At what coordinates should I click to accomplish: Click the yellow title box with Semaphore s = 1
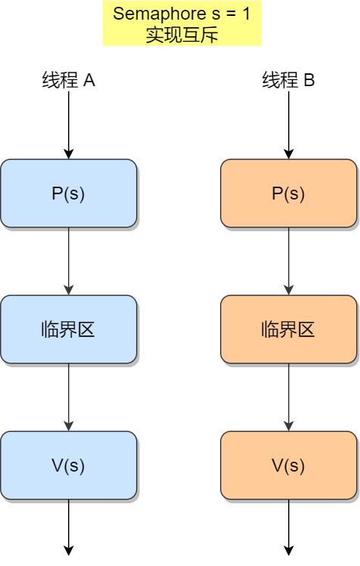(x=182, y=24)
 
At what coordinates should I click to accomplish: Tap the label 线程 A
(x=68, y=80)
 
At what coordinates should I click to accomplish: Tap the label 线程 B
(x=288, y=80)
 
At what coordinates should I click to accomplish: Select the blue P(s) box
(x=69, y=193)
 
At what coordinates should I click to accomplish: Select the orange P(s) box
(x=288, y=193)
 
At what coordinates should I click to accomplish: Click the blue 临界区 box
(x=69, y=329)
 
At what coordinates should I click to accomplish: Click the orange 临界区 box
(x=288, y=329)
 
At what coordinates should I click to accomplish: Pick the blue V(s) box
(x=69, y=465)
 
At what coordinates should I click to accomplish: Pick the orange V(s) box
(x=288, y=465)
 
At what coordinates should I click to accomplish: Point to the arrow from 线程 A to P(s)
(x=69, y=125)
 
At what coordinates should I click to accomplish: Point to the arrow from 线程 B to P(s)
(x=288, y=125)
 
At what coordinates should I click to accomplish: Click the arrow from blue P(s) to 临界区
(x=69, y=261)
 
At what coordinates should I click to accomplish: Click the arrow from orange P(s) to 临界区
(x=288, y=261)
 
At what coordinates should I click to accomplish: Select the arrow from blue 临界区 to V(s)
(x=69, y=397)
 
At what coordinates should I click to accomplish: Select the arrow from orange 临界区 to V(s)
(x=288, y=397)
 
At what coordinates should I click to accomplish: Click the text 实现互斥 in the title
(x=182, y=35)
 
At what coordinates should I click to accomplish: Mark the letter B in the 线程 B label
(x=309, y=80)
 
